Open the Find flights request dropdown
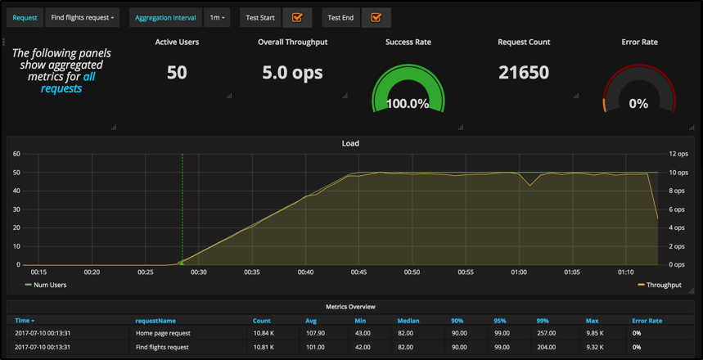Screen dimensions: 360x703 tap(82, 17)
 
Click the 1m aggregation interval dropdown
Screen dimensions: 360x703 tap(217, 17)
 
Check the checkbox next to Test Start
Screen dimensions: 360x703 tap(297, 17)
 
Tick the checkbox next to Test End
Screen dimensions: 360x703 tap(376, 17)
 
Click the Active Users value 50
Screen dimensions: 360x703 tap(177, 72)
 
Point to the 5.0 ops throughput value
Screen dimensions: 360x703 tap(292, 72)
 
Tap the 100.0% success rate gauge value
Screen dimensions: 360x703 tap(408, 104)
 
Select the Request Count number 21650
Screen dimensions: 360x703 tap(524, 72)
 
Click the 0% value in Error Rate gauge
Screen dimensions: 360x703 tap(638, 104)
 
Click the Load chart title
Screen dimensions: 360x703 tap(350, 143)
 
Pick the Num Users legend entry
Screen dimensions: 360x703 tap(50, 285)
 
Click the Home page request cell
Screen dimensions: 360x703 tap(164, 333)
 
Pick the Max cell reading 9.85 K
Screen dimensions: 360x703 tap(595, 333)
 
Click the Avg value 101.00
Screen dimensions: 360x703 tap(314, 347)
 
